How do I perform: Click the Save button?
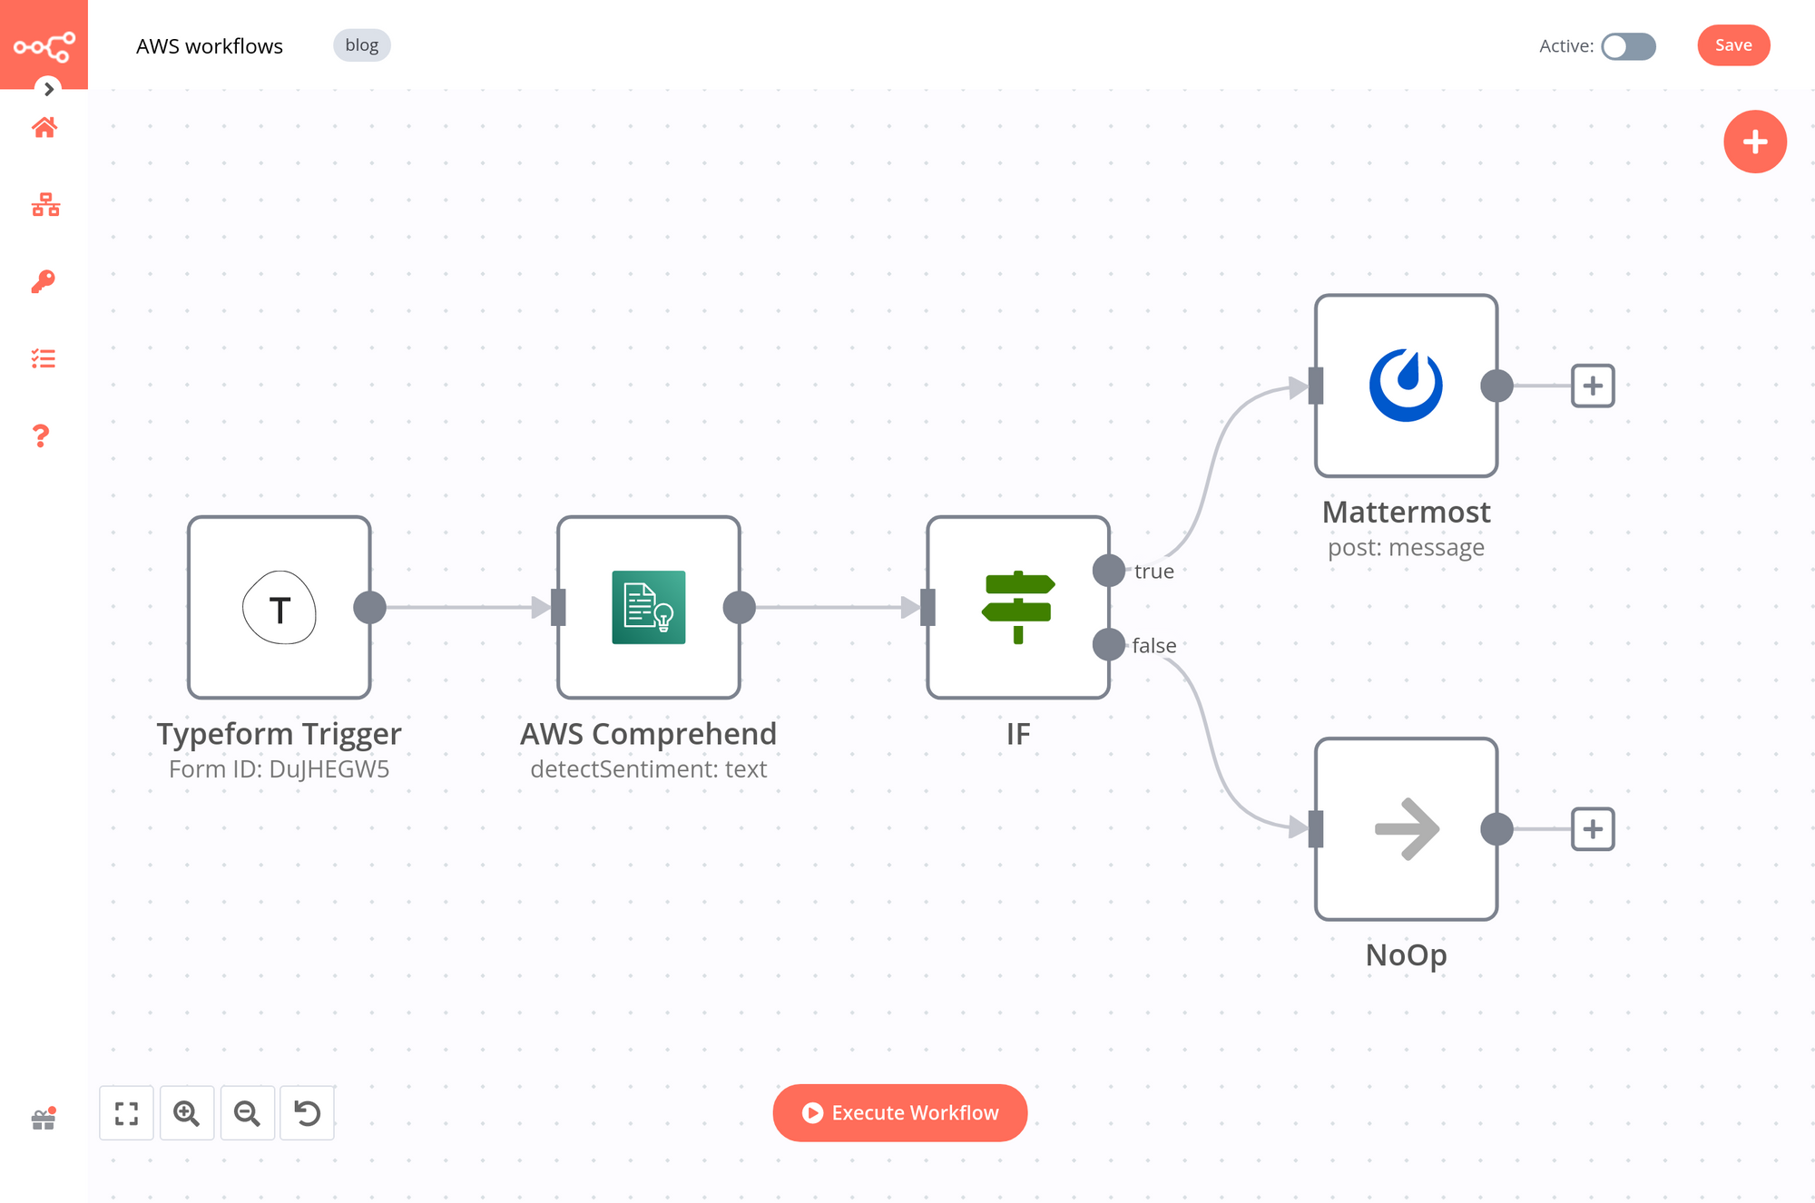pos(1732,45)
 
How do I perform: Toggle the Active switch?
pos(1628,46)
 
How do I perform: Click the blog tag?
pos(361,45)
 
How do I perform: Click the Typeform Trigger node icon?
pos(280,608)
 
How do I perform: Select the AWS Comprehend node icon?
pos(648,608)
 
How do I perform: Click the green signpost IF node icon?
pos(1017,608)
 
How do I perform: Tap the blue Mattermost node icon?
pos(1405,386)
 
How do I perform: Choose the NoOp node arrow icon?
pos(1405,828)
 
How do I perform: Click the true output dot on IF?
pos(1108,571)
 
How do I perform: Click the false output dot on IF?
pos(1108,644)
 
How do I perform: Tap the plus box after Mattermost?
pos(1593,386)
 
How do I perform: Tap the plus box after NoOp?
pos(1593,828)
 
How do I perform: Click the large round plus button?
pos(1754,142)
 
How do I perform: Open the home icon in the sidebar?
pos(44,128)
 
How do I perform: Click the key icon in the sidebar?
pos(44,281)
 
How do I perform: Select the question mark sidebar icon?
pos(41,436)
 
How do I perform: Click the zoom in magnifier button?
pos(187,1112)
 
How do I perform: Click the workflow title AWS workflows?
pos(210,46)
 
